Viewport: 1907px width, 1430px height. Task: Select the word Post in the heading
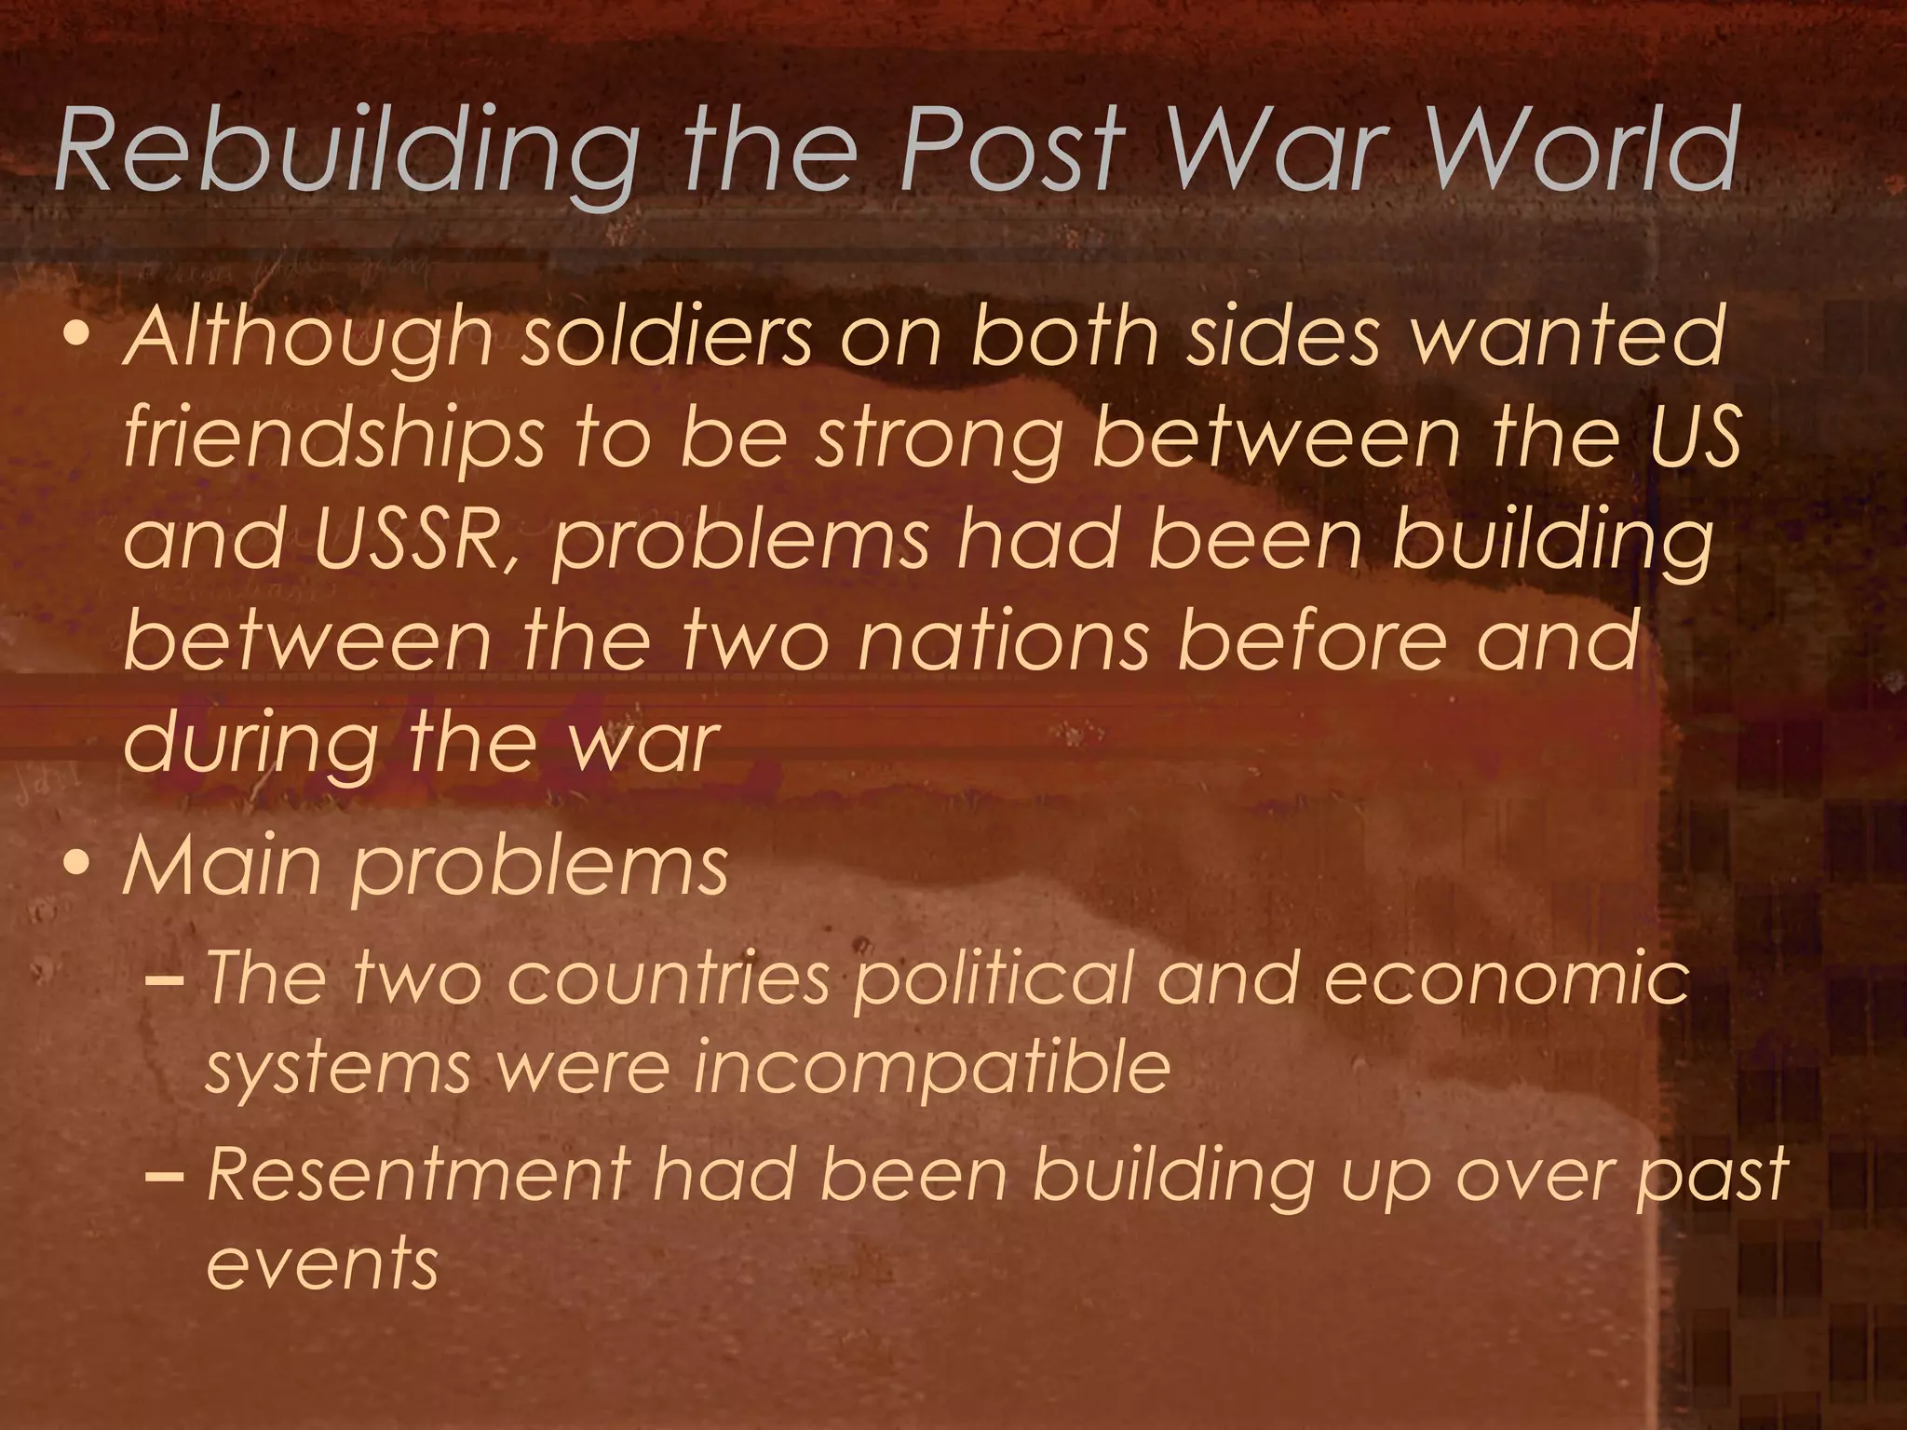(x=1011, y=149)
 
